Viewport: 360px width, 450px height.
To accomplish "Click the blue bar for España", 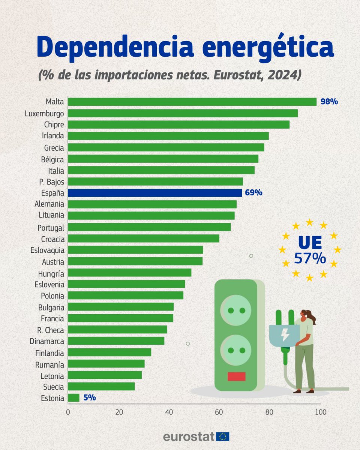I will pyautogui.click(x=155, y=193).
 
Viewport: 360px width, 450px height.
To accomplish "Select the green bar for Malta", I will pyautogui.click(x=192, y=102).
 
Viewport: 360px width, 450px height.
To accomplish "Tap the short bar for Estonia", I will pyautogui.click(x=73, y=398).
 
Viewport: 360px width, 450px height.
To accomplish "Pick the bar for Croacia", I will pyautogui.click(x=143, y=238).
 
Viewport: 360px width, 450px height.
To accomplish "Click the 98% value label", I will pyautogui.click(x=329, y=102).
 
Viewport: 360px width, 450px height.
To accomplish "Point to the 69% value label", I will pyautogui.click(x=253, y=193).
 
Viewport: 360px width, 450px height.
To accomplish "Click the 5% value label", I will pyautogui.click(x=90, y=398).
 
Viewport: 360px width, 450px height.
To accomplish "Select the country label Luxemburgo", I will pyautogui.click(x=44, y=113).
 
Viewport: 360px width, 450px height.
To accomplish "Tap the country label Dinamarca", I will pyautogui.click(x=47, y=341).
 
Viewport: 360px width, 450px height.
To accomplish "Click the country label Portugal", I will pyautogui.click(x=51, y=228).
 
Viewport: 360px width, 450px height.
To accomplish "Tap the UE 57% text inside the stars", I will pyautogui.click(x=309, y=250).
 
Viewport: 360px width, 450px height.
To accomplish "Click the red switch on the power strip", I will pyautogui.click(x=236, y=376).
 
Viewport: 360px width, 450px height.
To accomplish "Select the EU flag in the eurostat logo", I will pyautogui.click(x=223, y=436).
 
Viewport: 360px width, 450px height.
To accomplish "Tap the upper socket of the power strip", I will pyautogui.click(x=236, y=310).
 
